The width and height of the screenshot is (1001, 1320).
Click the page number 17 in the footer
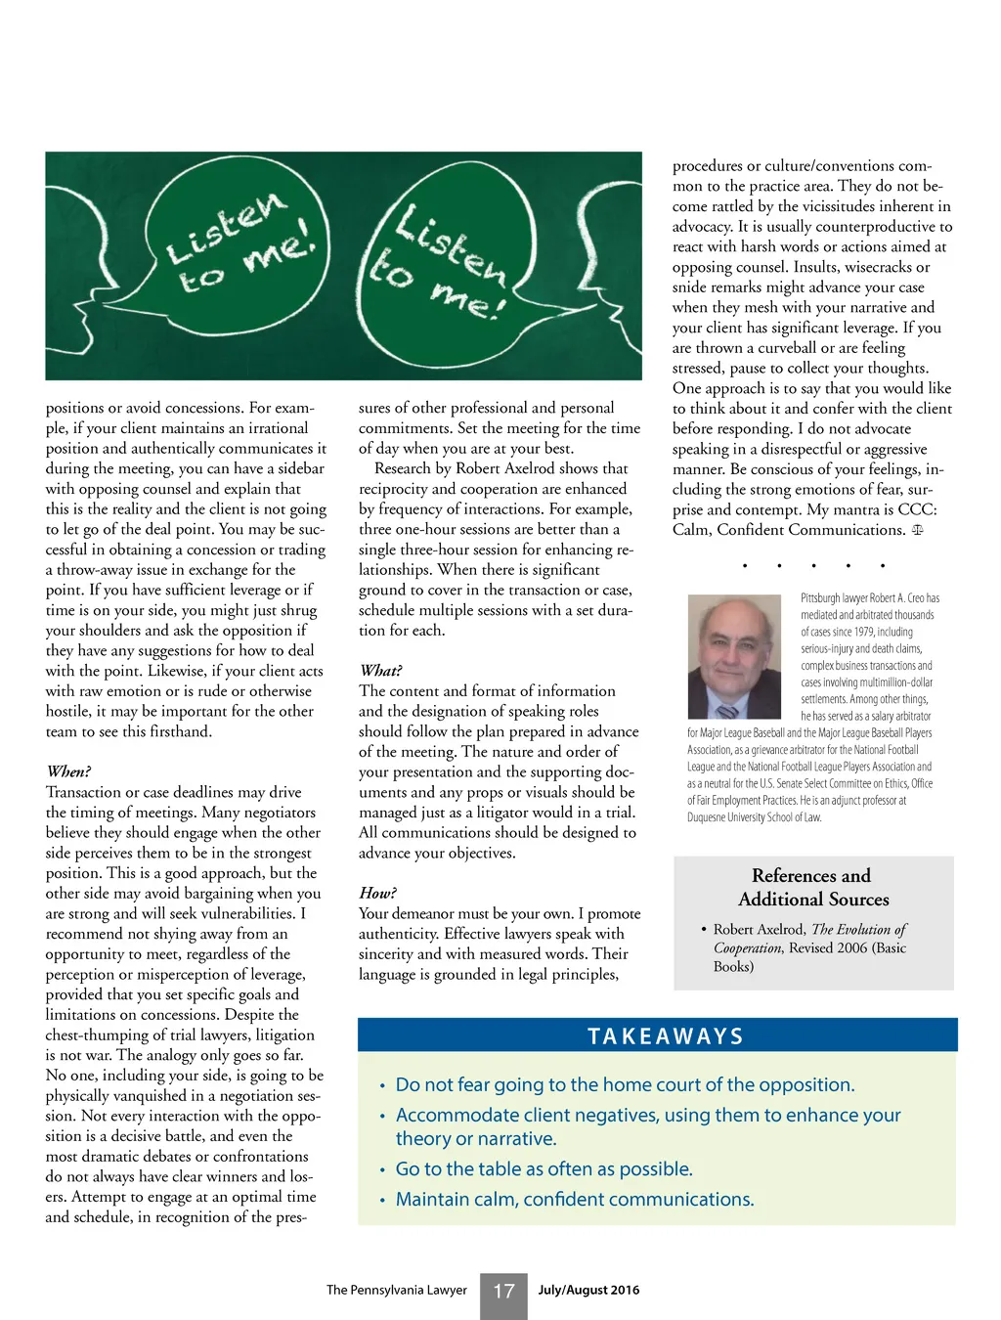[x=503, y=1292]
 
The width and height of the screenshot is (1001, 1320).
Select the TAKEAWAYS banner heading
[x=665, y=1036]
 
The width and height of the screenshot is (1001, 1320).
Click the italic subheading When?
[x=68, y=771]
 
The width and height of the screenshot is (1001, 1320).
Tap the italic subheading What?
[x=380, y=671]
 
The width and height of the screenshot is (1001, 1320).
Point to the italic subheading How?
[x=377, y=893]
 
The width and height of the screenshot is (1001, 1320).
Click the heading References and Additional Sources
[x=812, y=887]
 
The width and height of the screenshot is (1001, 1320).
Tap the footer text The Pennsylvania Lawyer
[x=396, y=1290]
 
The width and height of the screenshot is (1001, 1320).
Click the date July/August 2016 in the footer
[x=588, y=1290]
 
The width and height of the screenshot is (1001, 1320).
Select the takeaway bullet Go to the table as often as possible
[x=544, y=1169]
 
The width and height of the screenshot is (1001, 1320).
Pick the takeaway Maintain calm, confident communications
[x=574, y=1200]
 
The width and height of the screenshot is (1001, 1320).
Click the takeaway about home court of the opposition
[x=625, y=1085]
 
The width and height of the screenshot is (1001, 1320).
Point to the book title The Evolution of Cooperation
[x=810, y=939]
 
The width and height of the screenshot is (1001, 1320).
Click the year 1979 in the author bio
[x=863, y=632]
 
